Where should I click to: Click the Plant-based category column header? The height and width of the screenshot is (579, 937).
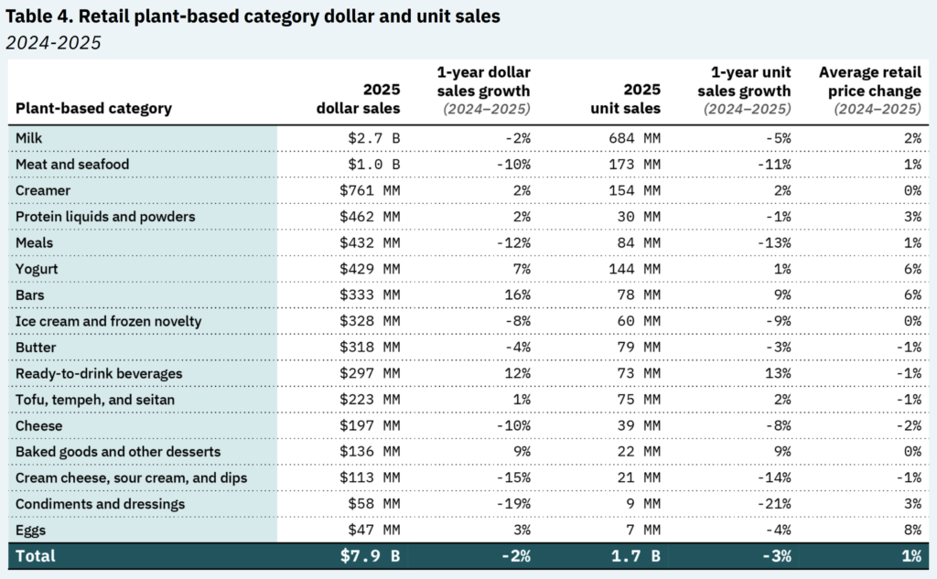click(x=93, y=108)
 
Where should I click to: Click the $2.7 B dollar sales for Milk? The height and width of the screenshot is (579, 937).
click(x=374, y=137)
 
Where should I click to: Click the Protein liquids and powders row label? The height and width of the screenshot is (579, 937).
click(x=105, y=216)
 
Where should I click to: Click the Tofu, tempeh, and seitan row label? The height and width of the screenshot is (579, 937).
click(x=90, y=400)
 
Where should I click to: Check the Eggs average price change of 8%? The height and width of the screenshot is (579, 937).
click(x=910, y=531)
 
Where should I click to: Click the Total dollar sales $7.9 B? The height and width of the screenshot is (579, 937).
click(x=371, y=556)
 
